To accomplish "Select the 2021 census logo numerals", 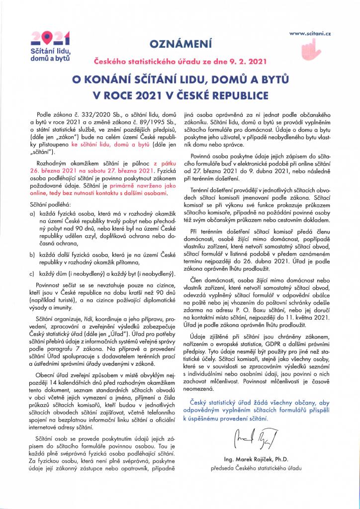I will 50,38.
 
